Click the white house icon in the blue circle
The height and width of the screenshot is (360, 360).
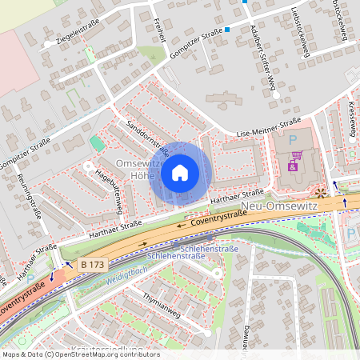pos(180,172)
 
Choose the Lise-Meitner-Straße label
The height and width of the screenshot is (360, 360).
pos(268,126)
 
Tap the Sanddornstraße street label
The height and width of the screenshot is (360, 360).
pos(147,138)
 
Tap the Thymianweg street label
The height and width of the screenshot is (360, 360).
pos(162,306)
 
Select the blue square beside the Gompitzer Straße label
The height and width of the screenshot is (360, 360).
pos(227,30)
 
